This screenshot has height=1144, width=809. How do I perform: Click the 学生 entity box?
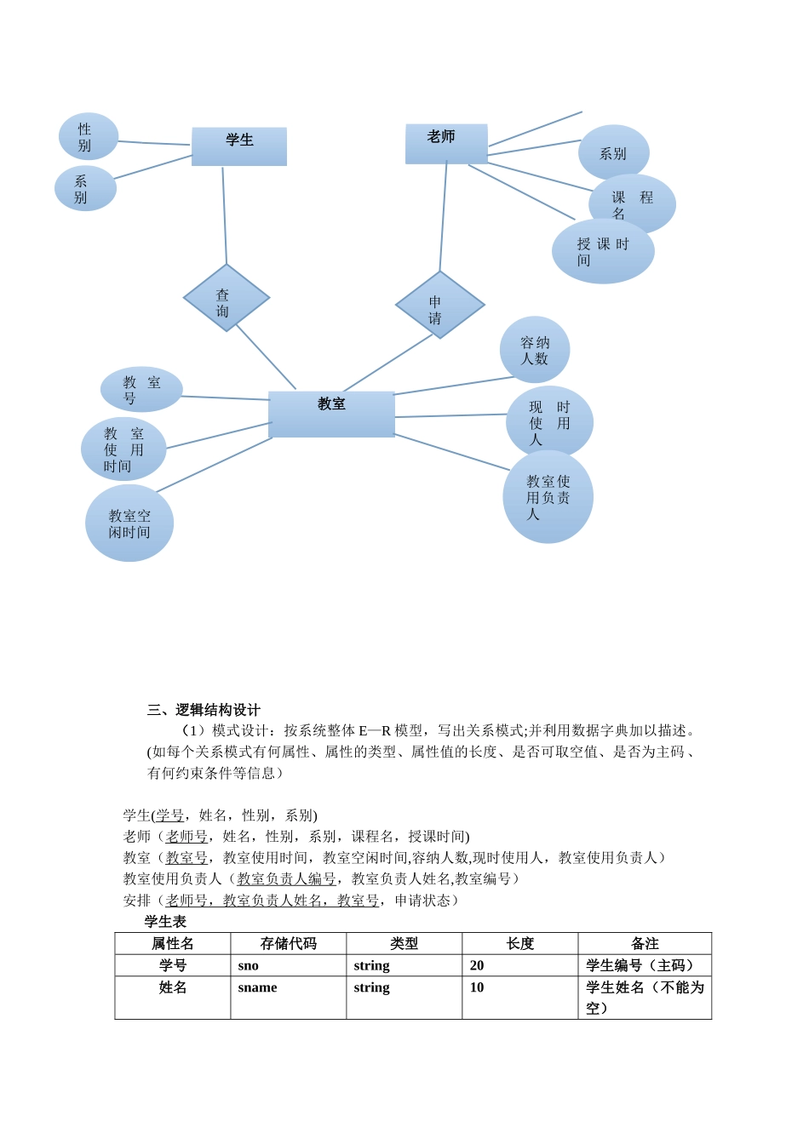(x=239, y=146)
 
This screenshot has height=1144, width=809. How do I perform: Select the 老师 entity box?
(x=446, y=143)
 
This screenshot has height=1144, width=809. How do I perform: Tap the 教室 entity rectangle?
(x=331, y=415)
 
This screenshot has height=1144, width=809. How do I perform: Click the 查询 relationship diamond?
(x=226, y=299)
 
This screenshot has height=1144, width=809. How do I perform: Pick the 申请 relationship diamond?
(x=439, y=305)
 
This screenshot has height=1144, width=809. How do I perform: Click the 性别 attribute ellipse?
(x=88, y=136)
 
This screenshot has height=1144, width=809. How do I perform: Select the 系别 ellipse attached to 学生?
(x=84, y=188)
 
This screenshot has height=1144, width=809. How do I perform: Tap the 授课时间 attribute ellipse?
(x=603, y=251)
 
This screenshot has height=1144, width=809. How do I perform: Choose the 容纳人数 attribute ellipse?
(x=535, y=350)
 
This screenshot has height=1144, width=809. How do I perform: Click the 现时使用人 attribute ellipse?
(x=549, y=422)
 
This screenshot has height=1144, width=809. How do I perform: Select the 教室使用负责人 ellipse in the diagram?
(x=548, y=497)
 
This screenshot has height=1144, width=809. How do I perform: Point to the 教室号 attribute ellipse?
(x=141, y=390)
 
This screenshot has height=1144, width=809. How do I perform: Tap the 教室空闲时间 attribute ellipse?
(x=129, y=523)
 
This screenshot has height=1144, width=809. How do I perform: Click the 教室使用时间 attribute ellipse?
(x=123, y=449)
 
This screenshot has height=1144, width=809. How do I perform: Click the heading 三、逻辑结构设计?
(x=204, y=710)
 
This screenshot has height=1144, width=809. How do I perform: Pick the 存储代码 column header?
(x=288, y=943)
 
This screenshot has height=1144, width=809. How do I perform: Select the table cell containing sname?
(x=258, y=987)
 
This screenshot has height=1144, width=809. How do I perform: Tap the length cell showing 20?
(x=477, y=965)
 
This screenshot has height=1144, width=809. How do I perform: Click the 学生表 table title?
(x=165, y=922)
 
